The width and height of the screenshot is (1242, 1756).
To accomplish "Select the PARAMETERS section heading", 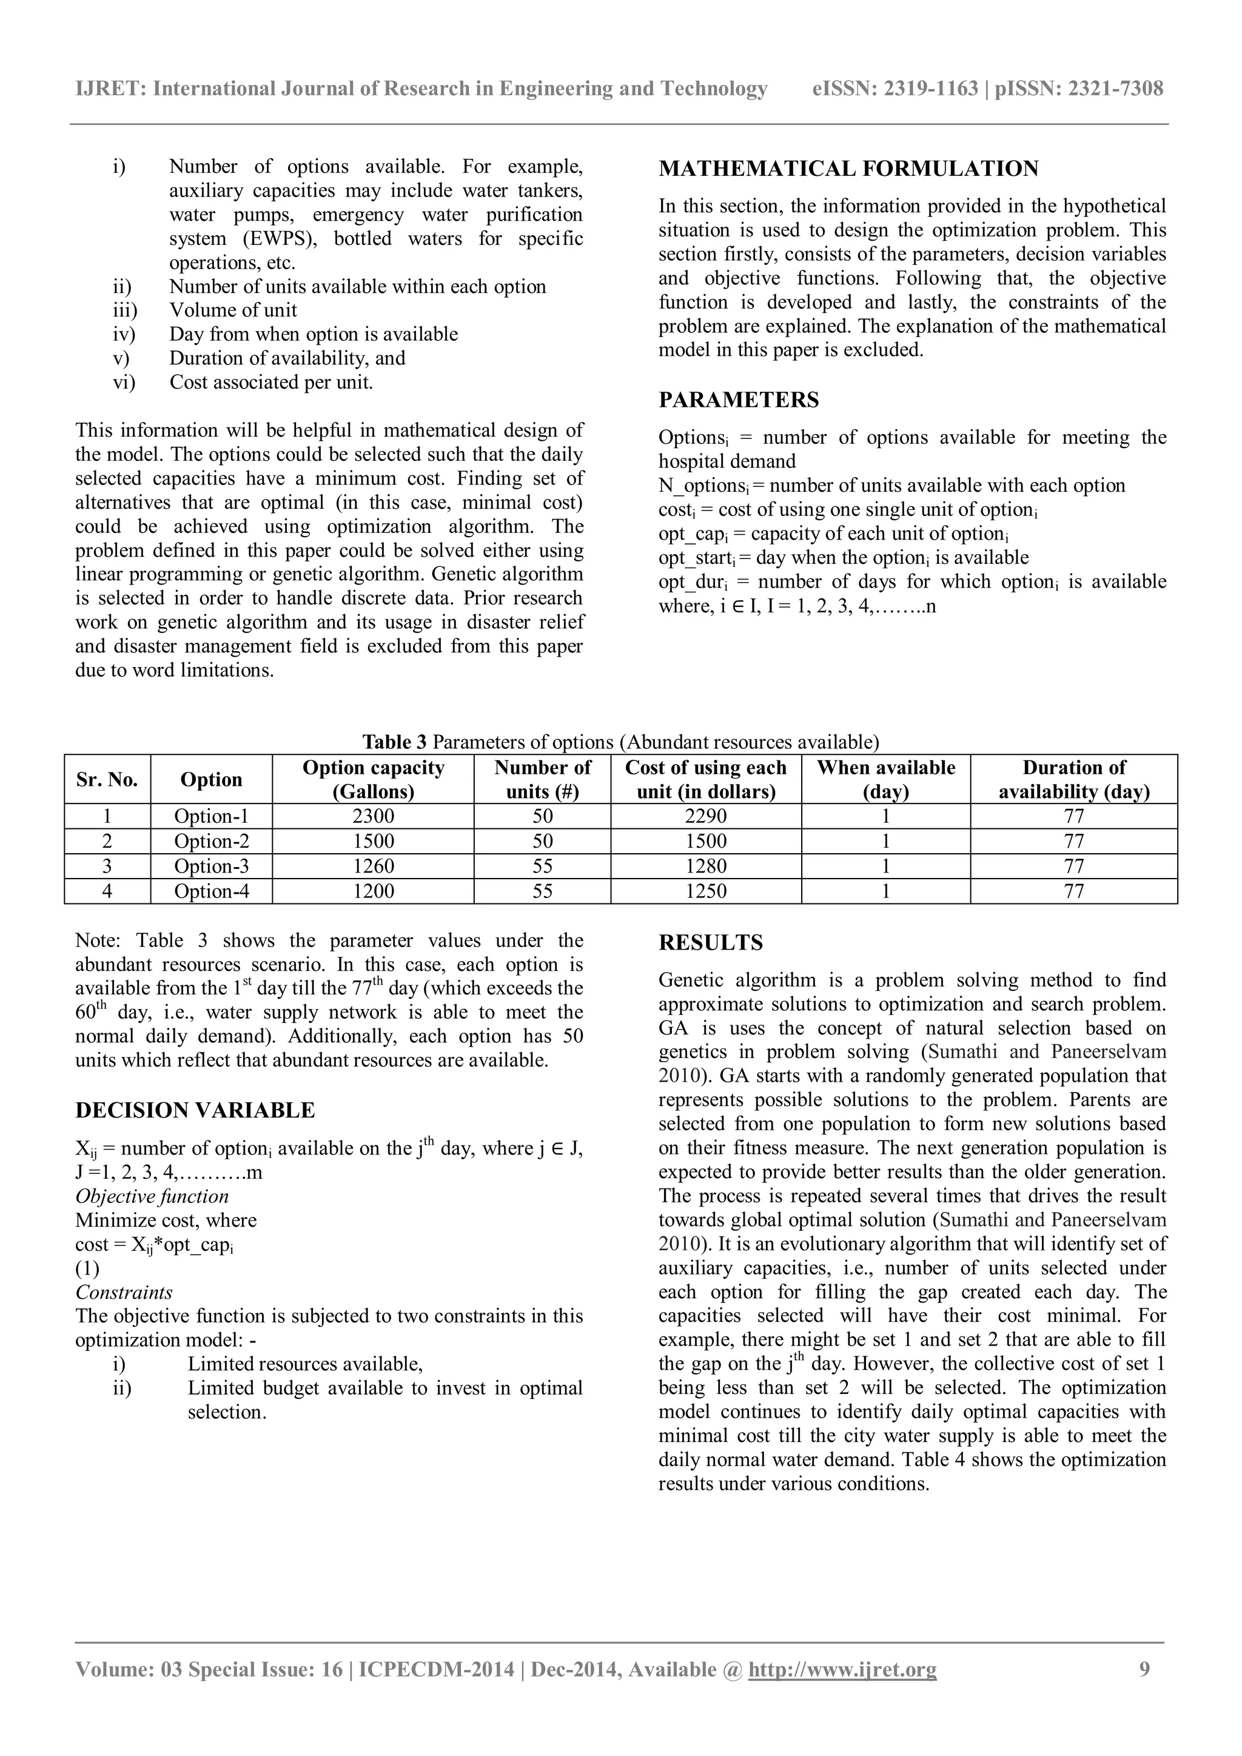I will point(738,400).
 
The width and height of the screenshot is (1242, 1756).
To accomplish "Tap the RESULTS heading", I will point(711,942).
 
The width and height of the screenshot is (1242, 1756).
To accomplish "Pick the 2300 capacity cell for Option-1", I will point(372,816).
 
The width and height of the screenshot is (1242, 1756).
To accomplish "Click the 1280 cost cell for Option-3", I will point(705,866).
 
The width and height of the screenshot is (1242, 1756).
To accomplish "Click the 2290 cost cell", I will point(705,816).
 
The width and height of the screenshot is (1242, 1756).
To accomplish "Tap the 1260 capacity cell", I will point(372,866).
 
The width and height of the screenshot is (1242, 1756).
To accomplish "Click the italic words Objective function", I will point(152,1196).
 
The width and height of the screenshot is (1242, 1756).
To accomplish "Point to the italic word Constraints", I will point(123,1293).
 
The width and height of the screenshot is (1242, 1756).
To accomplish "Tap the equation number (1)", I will point(87,1269).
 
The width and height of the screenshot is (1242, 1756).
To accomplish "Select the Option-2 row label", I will point(211,841).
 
